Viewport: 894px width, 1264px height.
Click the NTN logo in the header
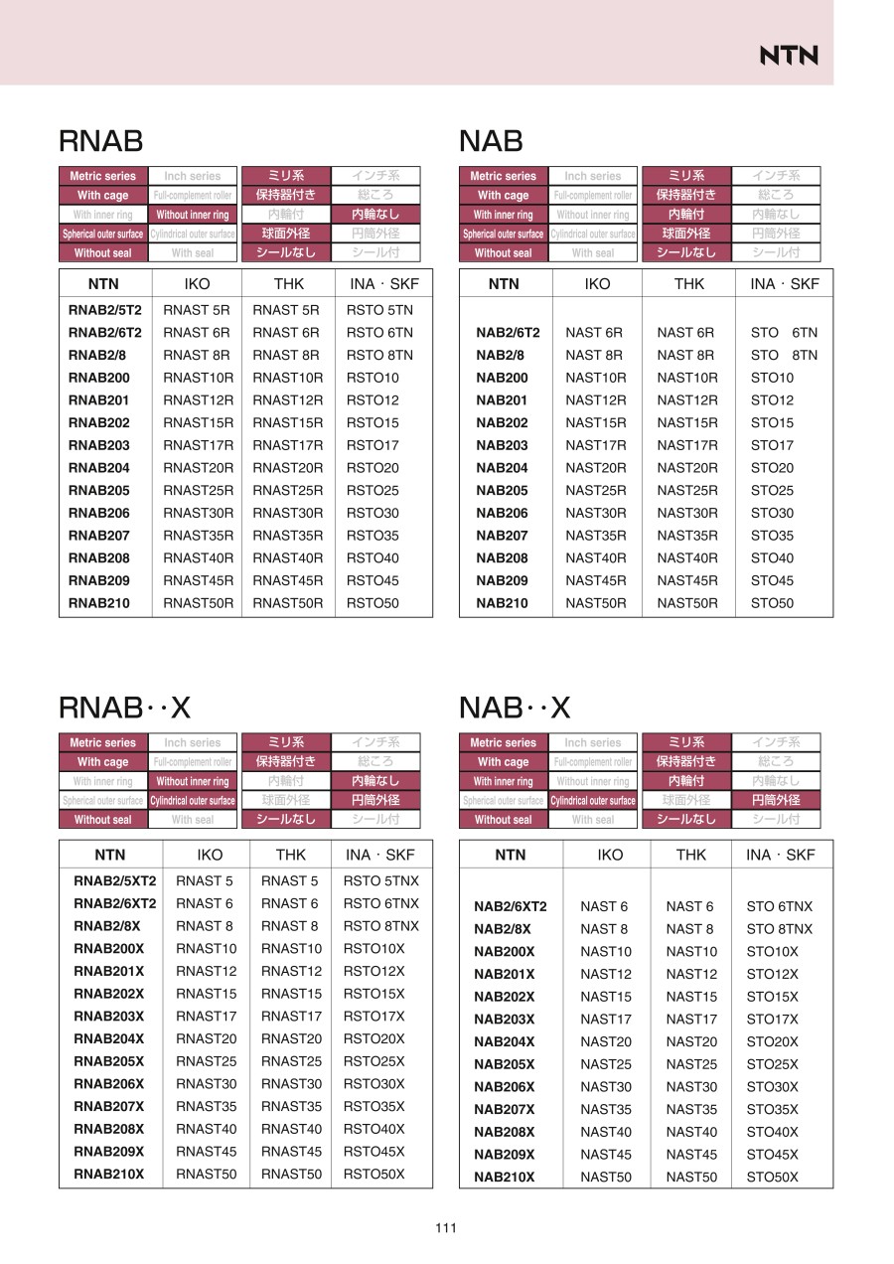(x=789, y=56)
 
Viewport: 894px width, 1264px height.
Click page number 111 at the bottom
(x=446, y=1228)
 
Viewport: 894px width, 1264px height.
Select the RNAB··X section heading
(x=124, y=708)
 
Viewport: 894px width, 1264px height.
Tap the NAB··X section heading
(x=515, y=708)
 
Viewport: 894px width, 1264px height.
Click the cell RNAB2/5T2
(x=104, y=310)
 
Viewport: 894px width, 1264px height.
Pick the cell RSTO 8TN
(x=379, y=355)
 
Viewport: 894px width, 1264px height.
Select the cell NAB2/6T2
(x=508, y=333)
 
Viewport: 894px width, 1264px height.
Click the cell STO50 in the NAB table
(x=772, y=603)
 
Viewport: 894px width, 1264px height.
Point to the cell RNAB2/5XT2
(x=115, y=880)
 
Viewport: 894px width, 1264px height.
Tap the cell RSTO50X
(x=374, y=1174)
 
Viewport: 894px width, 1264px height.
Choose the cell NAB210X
(x=504, y=1178)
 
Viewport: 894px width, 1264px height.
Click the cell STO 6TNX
(x=779, y=906)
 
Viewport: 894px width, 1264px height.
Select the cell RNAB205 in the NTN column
(x=99, y=490)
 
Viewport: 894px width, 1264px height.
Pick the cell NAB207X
(x=504, y=1109)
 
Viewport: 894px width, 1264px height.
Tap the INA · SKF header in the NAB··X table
(x=780, y=855)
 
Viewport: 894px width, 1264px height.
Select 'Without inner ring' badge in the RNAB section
(x=193, y=215)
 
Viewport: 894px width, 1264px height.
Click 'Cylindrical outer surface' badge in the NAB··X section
(x=593, y=801)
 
